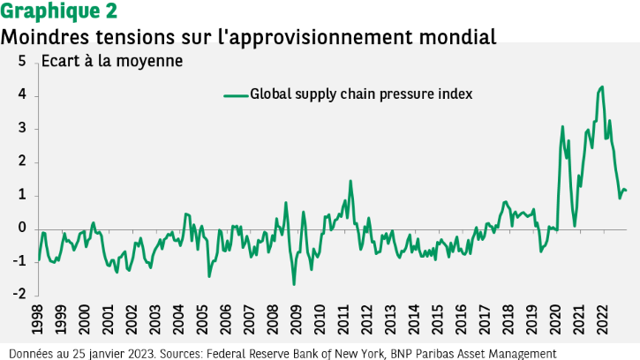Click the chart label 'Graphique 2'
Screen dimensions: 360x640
pyautogui.click(x=57, y=12)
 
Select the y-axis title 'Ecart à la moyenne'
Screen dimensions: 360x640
pyautogui.click(x=112, y=62)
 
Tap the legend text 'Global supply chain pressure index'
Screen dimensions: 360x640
pyautogui.click(x=362, y=94)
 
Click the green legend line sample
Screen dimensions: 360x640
pyautogui.click(x=234, y=94)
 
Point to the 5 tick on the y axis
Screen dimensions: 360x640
pyautogui.click(x=21, y=62)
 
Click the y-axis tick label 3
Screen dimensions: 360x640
pyautogui.click(x=21, y=129)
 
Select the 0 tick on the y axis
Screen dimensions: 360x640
pyautogui.click(x=21, y=229)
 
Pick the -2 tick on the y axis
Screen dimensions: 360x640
pyautogui.click(x=19, y=295)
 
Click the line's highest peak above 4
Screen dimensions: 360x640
pyautogui.click(x=602, y=86)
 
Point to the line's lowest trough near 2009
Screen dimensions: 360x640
pyautogui.click(x=294, y=284)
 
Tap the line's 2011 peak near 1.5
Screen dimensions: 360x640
pyautogui.click(x=350, y=181)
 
